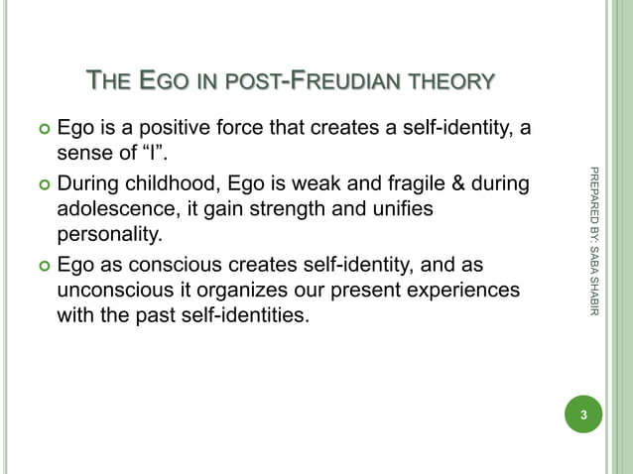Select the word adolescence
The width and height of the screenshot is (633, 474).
[x=115, y=210]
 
